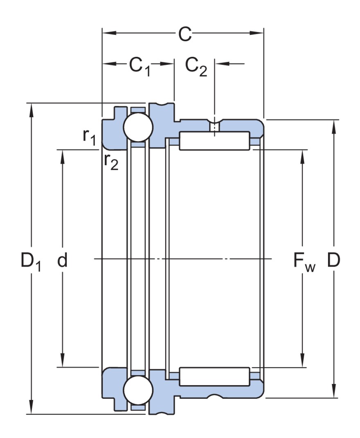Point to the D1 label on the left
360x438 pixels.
coord(31,262)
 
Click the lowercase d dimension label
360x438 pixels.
coord(62,260)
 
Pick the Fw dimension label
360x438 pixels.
coord(304,262)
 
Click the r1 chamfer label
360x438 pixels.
coord(89,137)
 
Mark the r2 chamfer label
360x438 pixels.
coord(110,161)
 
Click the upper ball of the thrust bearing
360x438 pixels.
coord(138,127)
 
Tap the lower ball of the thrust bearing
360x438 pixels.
coord(138,391)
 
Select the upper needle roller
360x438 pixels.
coord(214,141)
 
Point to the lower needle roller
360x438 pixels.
coord(214,377)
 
